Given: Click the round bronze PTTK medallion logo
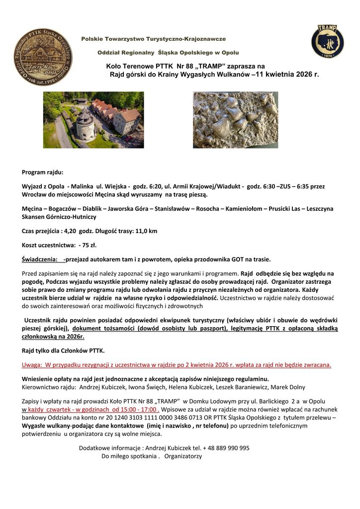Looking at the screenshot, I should point(43,57).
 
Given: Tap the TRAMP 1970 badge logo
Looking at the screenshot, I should point(327,41).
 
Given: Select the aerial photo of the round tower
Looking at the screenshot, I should point(93,120).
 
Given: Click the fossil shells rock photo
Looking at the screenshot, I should point(235,120).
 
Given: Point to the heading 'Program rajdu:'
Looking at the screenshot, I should point(43,172).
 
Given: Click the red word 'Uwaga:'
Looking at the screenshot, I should point(31,364).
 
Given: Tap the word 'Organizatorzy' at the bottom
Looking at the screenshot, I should point(183,456).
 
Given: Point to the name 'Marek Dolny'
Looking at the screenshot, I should point(288,387).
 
